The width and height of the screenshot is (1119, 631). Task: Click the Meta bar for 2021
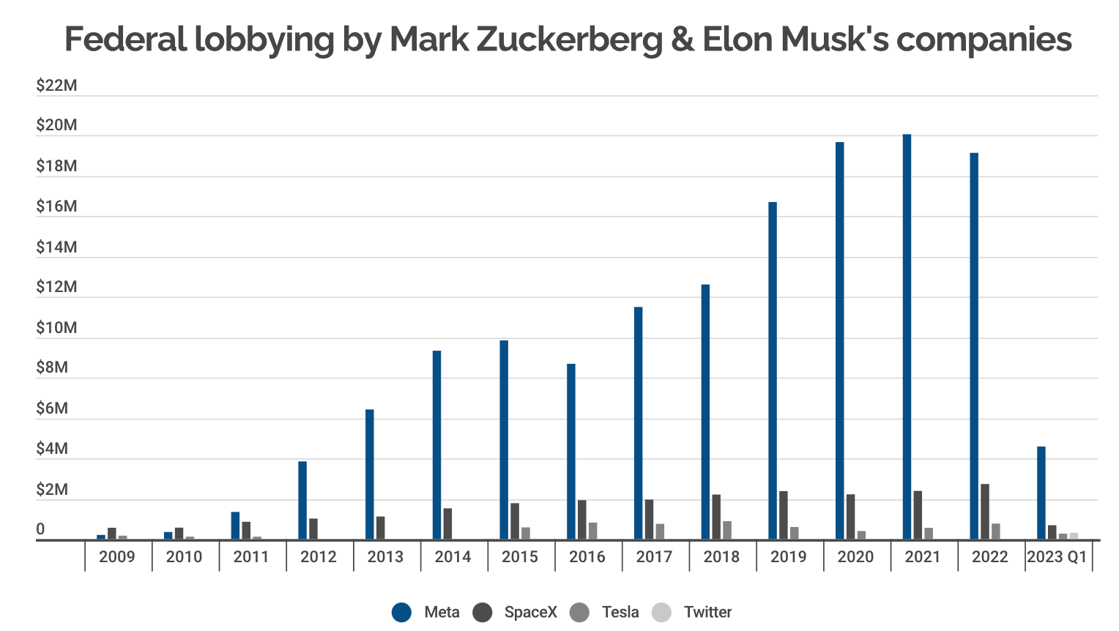coord(907,337)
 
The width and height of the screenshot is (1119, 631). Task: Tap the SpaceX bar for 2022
coord(985,512)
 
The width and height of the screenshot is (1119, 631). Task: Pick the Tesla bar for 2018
coord(727,531)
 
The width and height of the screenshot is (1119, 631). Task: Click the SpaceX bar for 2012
coord(313,529)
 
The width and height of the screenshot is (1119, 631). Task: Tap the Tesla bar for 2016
coord(592,531)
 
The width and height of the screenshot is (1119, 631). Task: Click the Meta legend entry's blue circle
coord(401,612)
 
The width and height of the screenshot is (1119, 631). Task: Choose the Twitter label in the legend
coord(707,612)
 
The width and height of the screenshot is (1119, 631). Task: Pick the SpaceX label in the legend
coord(530,612)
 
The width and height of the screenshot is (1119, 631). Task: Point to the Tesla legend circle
coord(579,612)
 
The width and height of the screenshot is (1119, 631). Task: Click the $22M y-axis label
coord(56,86)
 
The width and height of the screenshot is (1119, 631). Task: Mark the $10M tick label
coord(56,328)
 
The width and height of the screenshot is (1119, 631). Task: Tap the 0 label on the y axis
coord(40,529)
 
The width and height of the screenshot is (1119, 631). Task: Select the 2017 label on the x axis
coord(654,557)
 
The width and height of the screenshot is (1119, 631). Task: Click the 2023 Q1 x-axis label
coord(1057,557)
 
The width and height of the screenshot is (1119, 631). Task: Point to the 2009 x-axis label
coord(117,557)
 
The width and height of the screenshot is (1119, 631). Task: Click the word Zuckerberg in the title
coord(570,40)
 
